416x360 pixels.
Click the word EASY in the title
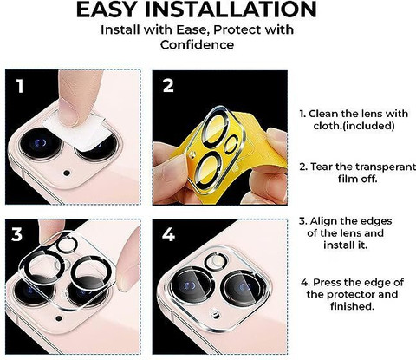pyautogui.click(x=106, y=10)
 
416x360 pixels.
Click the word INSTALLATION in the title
pyautogui.click(x=231, y=10)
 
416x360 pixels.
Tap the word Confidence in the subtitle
pyautogui.click(x=197, y=45)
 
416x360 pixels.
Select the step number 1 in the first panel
pyautogui.click(x=20, y=86)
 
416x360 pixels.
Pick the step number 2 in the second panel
pyautogui.click(x=168, y=86)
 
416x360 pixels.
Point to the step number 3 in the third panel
pyautogui.click(x=16, y=234)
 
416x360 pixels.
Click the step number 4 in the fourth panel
pyautogui.click(x=168, y=234)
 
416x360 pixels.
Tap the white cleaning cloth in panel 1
pyautogui.click(x=77, y=132)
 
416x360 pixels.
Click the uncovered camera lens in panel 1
pyautogui.click(x=41, y=144)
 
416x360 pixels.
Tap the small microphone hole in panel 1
pyautogui.click(x=67, y=173)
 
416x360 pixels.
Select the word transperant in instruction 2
pyautogui.click(x=386, y=167)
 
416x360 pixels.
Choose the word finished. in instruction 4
pyautogui.click(x=352, y=306)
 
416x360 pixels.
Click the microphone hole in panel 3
pyautogui.click(x=59, y=318)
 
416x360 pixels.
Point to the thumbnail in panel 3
pyautogui.click(x=123, y=277)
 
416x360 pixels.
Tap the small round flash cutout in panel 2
pyautogui.click(x=231, y=143)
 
